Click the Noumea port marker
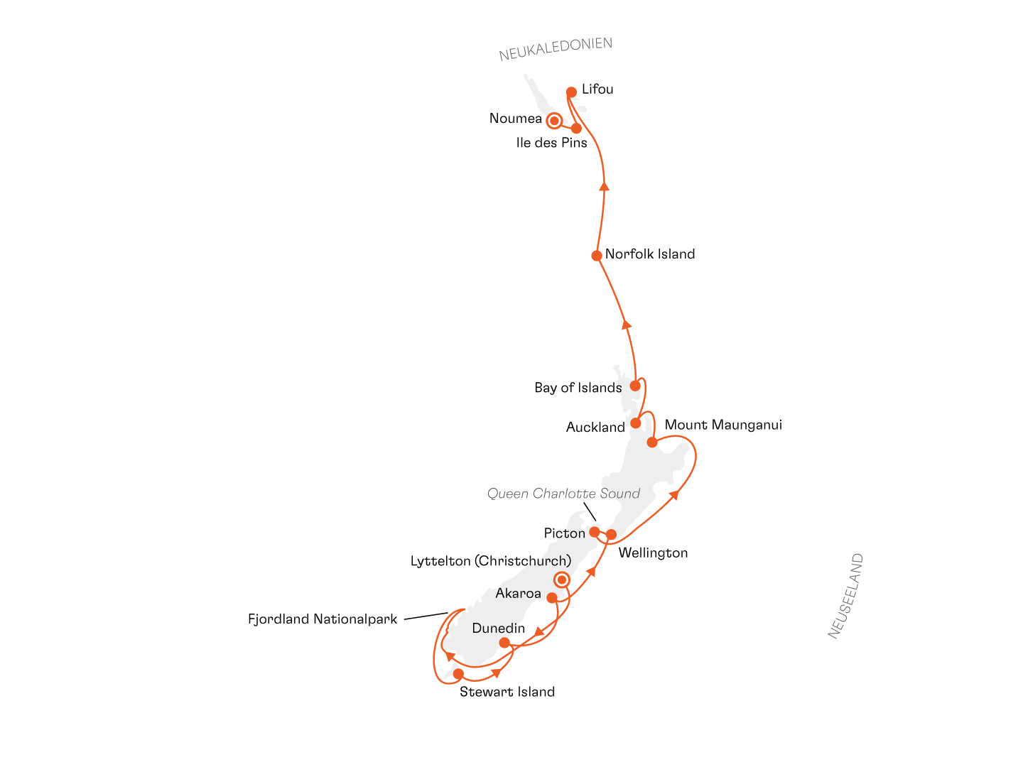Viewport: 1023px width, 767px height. pyautogui.click(x=553, y=121)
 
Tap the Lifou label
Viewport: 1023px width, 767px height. pyautogui.click(x=597, y=89)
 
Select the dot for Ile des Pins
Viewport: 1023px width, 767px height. pyautogui.click(x=576, y=128)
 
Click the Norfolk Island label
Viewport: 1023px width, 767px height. pyautogui.click(x=650, y=254)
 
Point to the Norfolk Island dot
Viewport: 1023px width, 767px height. pyautogui.click(x=596, y=256)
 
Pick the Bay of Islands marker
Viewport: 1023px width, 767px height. pyautogui.click(x=635, y=386)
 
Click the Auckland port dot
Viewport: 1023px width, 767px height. pyautogui.click(x=635, y=423)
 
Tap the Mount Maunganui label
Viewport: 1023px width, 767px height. pyautogui.click(x=723, y=425)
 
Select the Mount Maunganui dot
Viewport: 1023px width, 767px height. pyautogui.click(x=652, y=442)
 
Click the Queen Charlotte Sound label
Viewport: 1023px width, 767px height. pyautogui.click(x=563, y=493)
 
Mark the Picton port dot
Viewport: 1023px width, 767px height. pyautogui.click(x=594, y=532)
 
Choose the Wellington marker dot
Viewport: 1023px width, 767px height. pyautogui.click(x=611, y=534)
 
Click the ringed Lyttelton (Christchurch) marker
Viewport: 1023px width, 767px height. pyautogui.click(x=562, y=580)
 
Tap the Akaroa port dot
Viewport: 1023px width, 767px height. pyautogui.click(x=552, y=597)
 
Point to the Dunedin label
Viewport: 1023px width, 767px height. pyautogui.click(x=498, y=629)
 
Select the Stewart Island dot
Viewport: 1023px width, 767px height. pyautogui.click(x=458, y=674)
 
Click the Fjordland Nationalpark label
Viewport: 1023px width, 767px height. pyautogui.click(x=322, y=619)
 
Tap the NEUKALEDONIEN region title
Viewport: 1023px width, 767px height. pyautogui.click(x=555, y=49)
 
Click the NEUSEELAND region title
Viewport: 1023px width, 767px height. pyautogui.click(x=845, y=596)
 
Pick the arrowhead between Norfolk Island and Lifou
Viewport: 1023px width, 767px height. pyautogui.click(x=604, y=186)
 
